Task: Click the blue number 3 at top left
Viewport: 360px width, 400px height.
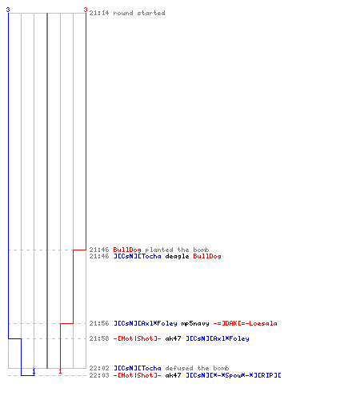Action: [x=8, y=10]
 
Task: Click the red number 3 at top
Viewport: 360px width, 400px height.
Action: [x=86, y=10]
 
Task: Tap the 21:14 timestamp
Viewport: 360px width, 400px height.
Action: [x=99, y=13]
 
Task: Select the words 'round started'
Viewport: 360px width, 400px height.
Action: [x=139, y=13]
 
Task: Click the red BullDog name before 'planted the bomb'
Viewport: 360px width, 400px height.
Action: [x=127, y=250]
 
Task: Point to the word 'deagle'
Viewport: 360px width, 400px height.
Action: [x=177, y=256]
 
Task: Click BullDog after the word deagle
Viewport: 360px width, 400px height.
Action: [x=207, y=256]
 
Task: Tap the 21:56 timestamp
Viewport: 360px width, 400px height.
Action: [x=99, y=323]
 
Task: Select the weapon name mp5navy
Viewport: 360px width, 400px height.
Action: [x=195, y=323]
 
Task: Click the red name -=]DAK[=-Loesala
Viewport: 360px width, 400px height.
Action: [x=245, y=323]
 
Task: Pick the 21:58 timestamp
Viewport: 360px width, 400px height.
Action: [x=99, y=338]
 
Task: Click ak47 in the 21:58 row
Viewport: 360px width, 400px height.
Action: [x=173, y=338]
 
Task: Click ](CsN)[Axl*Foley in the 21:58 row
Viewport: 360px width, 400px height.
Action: [x=218, y=338]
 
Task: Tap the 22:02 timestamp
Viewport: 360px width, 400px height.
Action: [x=99, y=368]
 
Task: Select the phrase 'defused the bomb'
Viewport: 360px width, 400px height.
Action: [x=197, y=368]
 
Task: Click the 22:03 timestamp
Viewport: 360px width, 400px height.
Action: [x=99, y=375]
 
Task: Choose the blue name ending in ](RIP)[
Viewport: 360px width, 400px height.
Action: [x=234, y=375]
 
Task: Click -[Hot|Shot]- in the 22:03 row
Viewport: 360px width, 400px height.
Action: [x=137, y=375]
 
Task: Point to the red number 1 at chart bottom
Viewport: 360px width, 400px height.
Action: [x=60, y=371]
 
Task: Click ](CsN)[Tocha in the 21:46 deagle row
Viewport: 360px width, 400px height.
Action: [x=138, y=256]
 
